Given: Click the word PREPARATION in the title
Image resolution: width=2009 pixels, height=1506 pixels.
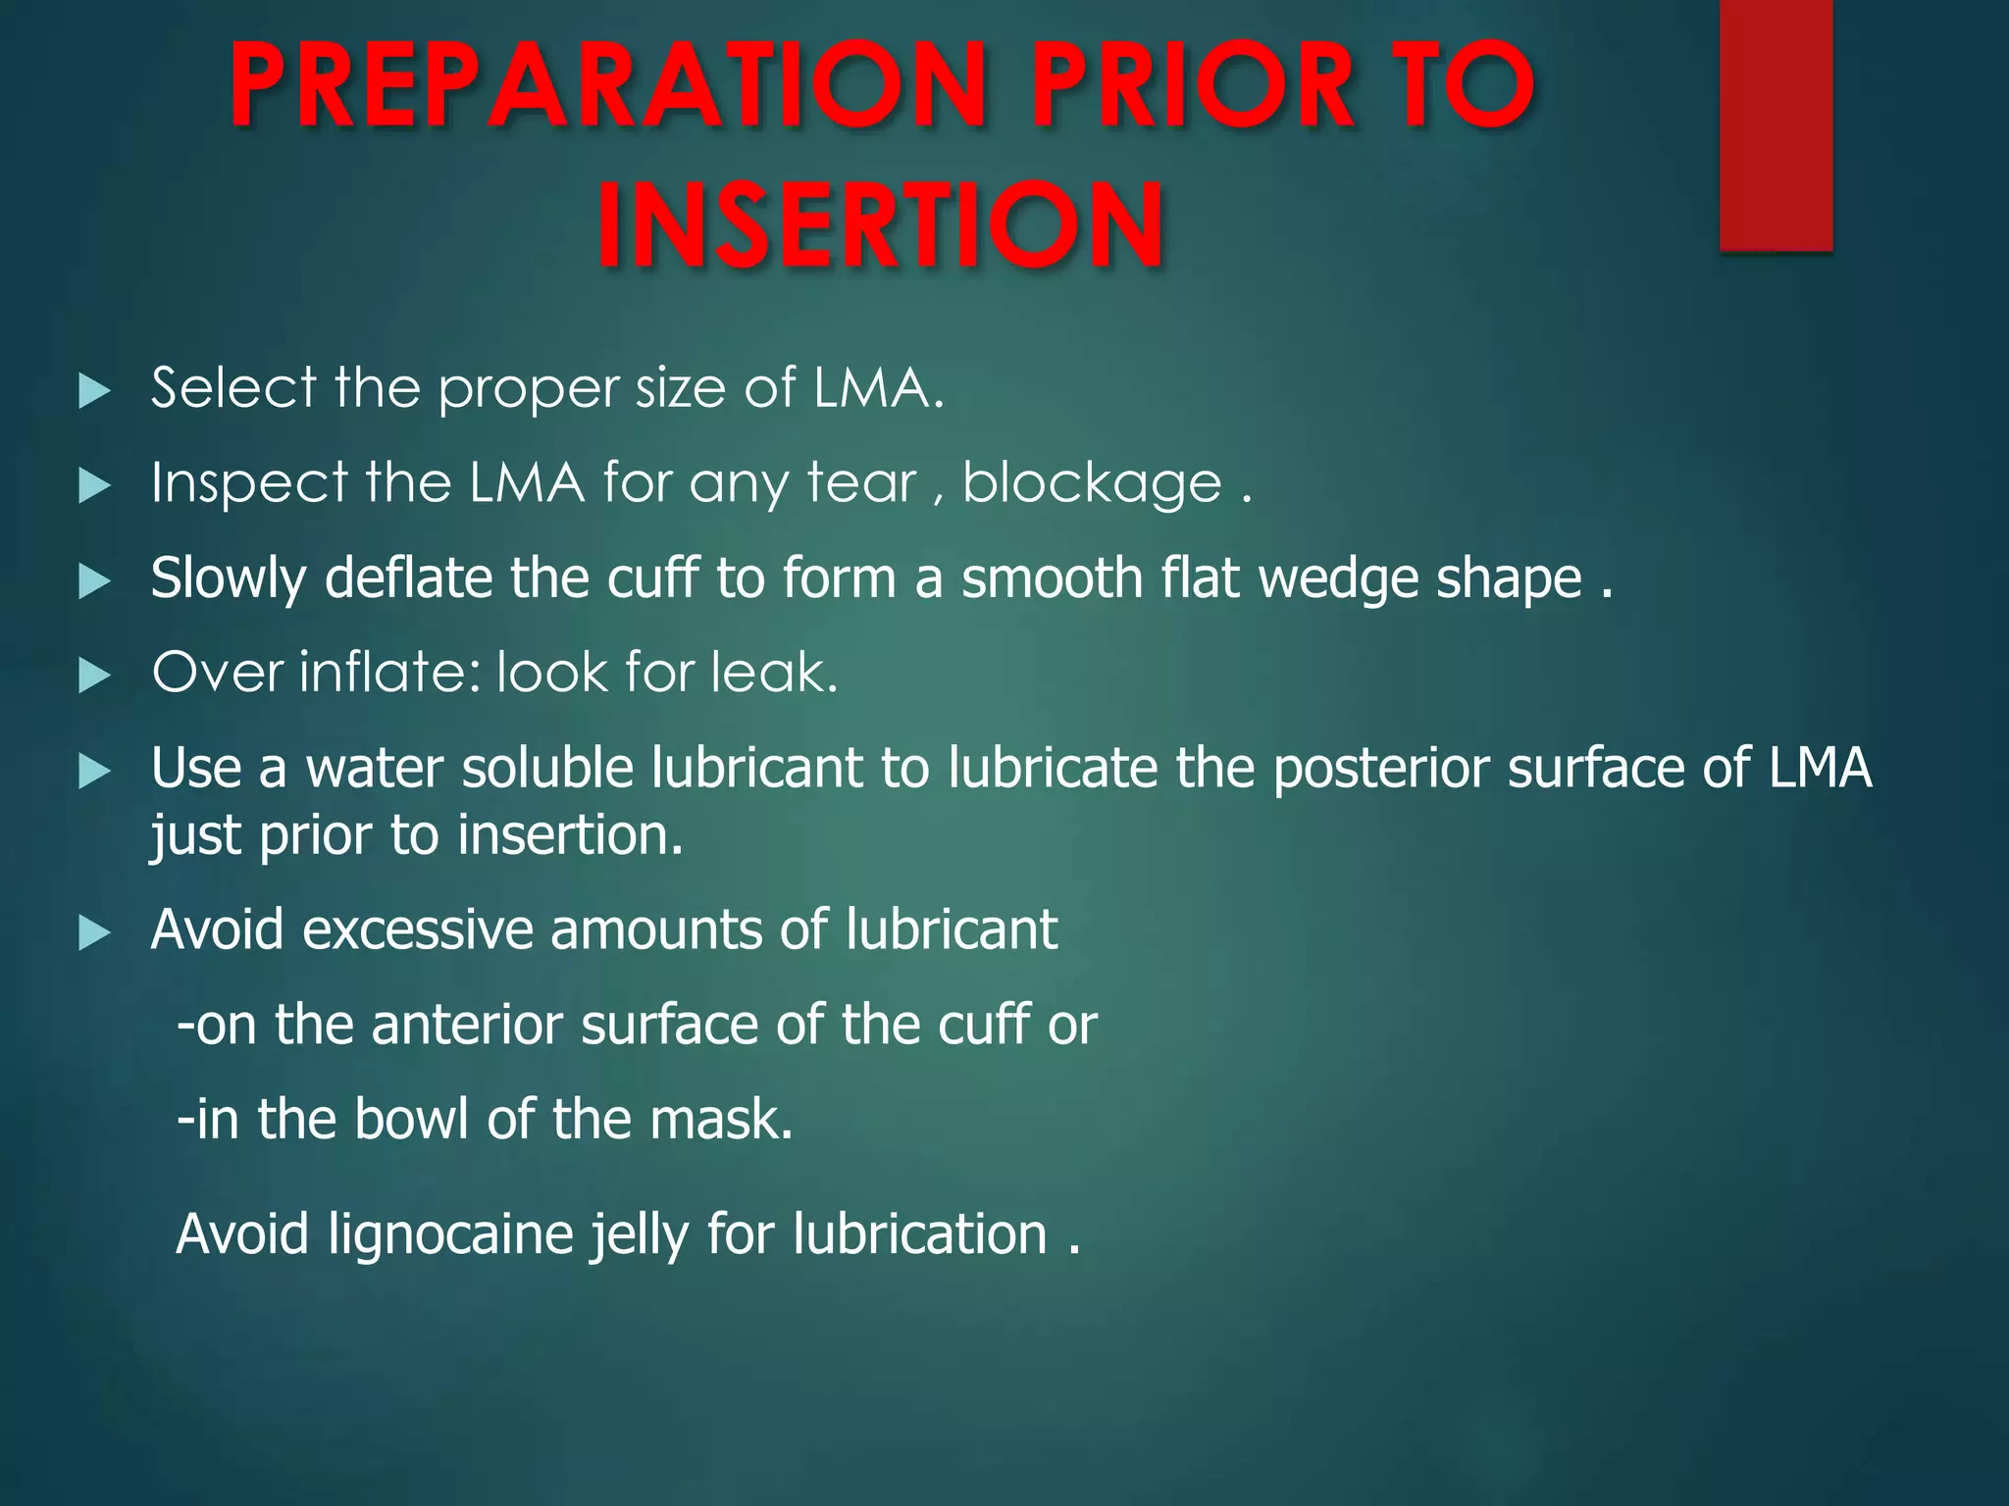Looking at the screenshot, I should click(x=608, y=85).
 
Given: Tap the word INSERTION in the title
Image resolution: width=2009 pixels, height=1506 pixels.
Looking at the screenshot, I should click(x=881, y=226).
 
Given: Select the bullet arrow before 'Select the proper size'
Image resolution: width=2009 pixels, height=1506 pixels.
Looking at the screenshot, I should click(x=94, y=390).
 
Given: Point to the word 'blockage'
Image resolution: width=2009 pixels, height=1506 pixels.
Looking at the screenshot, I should click(x=1092, y=483).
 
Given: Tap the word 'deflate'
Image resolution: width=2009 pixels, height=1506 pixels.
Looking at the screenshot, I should click(x=408, y=578).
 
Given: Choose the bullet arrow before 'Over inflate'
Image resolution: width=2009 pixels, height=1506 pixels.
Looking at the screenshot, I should click(x=94, y=675).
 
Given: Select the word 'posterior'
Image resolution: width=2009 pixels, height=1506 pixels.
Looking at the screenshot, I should click(x=1381, y=768).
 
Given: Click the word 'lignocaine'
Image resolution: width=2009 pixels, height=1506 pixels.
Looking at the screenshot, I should click(x=450, y=1234).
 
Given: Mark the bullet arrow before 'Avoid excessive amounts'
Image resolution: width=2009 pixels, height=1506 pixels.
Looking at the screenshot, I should click(x=94, y=932).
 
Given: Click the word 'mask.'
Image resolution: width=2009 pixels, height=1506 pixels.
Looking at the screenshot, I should click(x=721, y=1119).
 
